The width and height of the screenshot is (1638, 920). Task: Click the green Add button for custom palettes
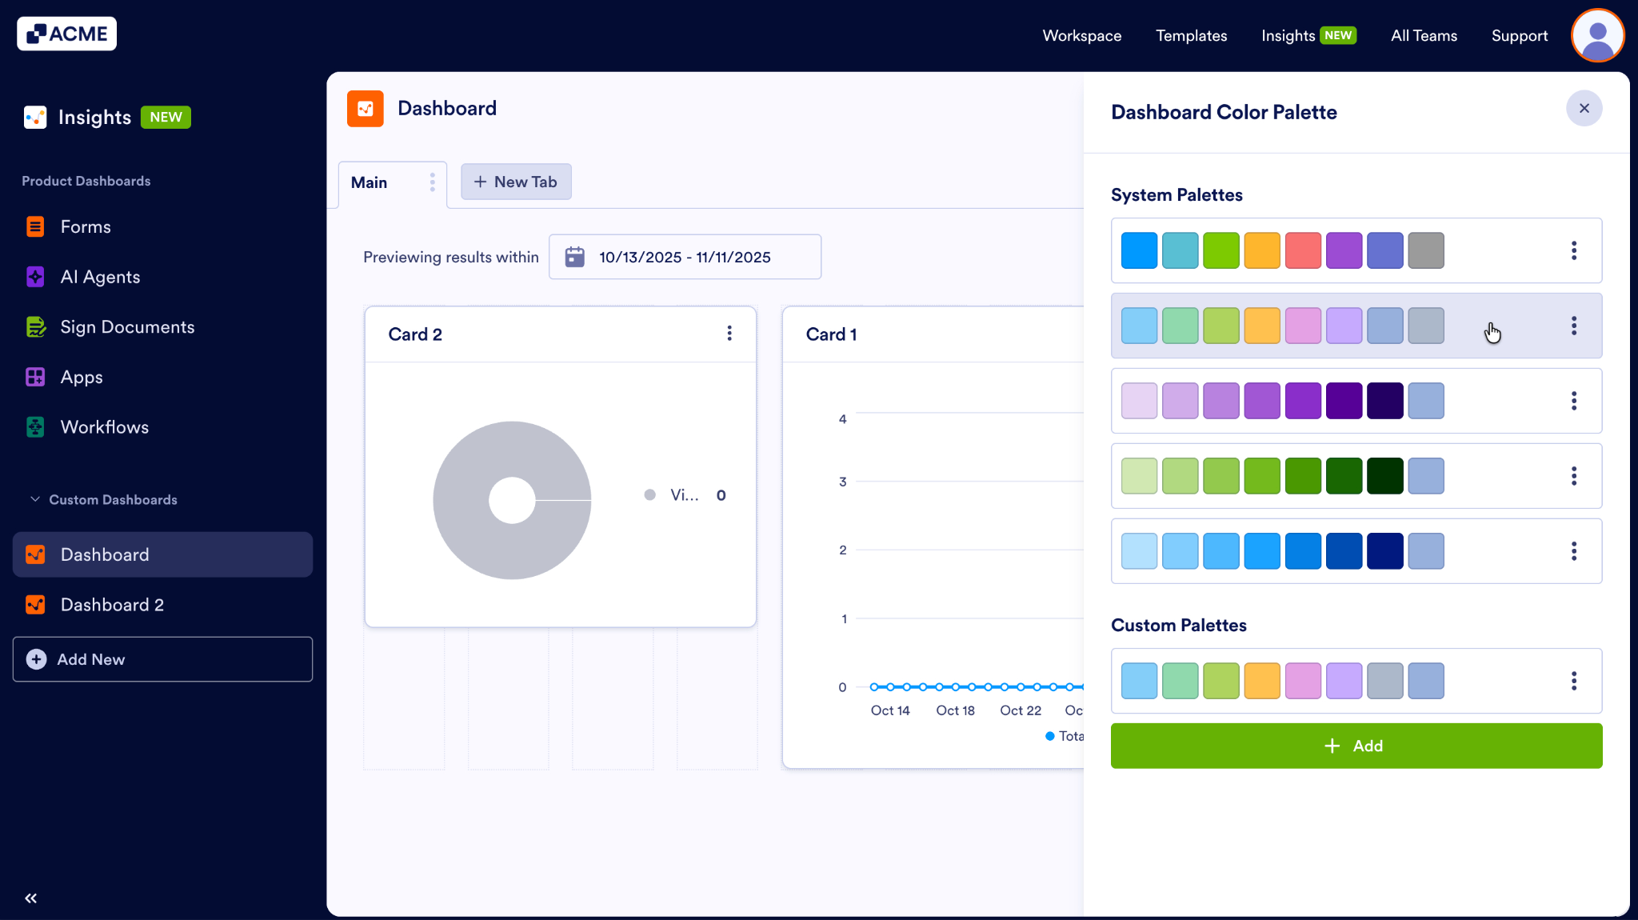click(1356, 746)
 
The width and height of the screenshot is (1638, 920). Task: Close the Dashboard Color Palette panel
click(1584, 108)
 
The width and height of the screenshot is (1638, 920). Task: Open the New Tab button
click(516, 182)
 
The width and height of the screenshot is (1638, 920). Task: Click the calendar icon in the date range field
click(574, 257)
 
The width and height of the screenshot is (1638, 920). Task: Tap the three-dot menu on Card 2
click(729, 334)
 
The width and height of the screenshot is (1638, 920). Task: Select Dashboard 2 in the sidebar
click(112, 605)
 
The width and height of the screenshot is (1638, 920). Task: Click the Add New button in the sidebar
click(162, 659)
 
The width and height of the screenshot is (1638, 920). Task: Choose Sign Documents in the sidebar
click(127, 327)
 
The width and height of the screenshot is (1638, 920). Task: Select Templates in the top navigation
click(1191, 36)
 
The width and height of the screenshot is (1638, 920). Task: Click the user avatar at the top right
click(1597, 36)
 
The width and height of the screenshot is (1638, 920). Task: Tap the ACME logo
click(67, 34)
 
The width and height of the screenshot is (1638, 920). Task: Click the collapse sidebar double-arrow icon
click(31, 898)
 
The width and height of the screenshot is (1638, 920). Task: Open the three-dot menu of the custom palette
click(1573, 681)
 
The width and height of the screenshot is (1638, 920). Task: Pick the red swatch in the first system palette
click(1303, 250)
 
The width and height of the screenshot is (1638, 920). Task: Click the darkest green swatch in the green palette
click(1384, 476)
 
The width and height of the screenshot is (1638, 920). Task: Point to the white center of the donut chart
click(512, 500)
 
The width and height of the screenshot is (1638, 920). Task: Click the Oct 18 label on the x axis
click(955, 710)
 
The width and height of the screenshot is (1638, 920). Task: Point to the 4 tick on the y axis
click(842, 419)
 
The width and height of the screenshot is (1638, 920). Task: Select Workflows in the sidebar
click(104, 427)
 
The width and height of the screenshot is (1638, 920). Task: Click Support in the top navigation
click(1519, 36)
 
